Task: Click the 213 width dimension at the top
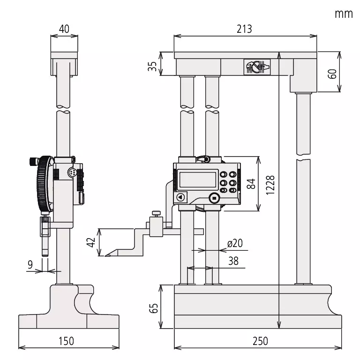[x=244, y=29]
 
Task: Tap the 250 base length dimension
[x=257, y=341]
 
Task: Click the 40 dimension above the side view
[x=64, y=29]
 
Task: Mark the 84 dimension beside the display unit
[x=251, y=183]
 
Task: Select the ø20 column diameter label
[x=234, y=244]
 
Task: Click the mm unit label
[x=343, y=13]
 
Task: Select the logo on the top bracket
[x=255, y=67]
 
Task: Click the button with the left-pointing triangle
[x=180, y=198]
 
